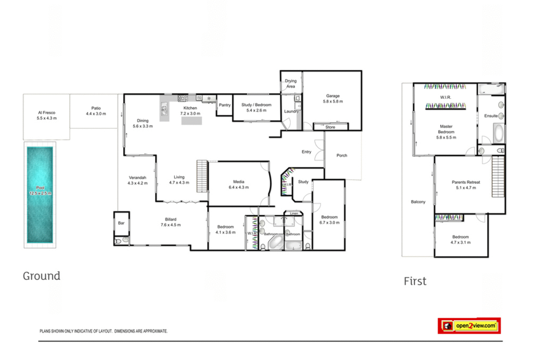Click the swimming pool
(40, 195)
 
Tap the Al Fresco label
(47, 113)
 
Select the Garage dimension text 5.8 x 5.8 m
(333, 102)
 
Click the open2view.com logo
(469, 326)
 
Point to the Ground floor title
(42, 276)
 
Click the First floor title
(415, 281)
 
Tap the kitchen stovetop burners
(182, 98)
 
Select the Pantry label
(224, 105)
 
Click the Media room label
(239, 182)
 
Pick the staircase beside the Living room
(202, 176)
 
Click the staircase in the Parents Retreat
(498, 177)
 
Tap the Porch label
(342, 156)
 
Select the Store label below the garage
(330, 127)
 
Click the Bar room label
(121, 223)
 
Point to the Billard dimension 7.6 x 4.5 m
(171, 225)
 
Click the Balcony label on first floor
(418, 202)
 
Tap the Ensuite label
(491, 116)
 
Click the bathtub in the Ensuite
(499, 133)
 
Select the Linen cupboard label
(294, 214)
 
